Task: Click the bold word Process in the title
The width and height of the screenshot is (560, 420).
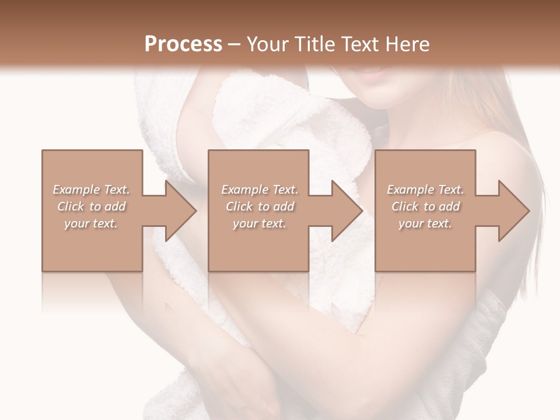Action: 183,44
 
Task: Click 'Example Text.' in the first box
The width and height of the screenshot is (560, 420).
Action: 92,190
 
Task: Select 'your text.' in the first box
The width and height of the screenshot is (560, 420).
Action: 91,223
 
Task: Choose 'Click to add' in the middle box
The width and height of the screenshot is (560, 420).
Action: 260,206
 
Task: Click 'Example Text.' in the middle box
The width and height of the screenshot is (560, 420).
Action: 260,190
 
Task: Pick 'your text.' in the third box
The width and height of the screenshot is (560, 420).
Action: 425,223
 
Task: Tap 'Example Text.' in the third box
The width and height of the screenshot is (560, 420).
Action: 425,190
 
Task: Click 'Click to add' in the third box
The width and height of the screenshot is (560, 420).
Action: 425,206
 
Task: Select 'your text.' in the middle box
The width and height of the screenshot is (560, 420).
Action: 259,223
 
